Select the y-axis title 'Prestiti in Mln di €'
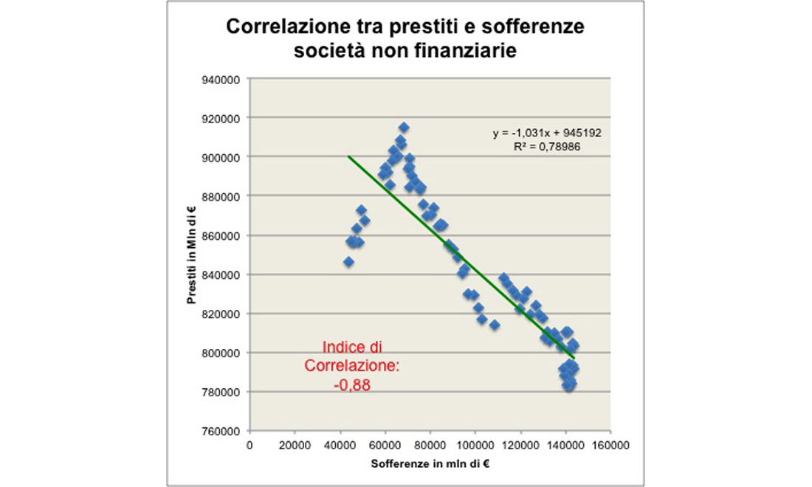click(x=192, y=255)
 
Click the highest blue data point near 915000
click(x=404, y=128)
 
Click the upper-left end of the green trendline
click(x=348, y=156)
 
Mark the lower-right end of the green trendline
click(x=574, y=357)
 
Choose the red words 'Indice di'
click(x=352, y=346)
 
